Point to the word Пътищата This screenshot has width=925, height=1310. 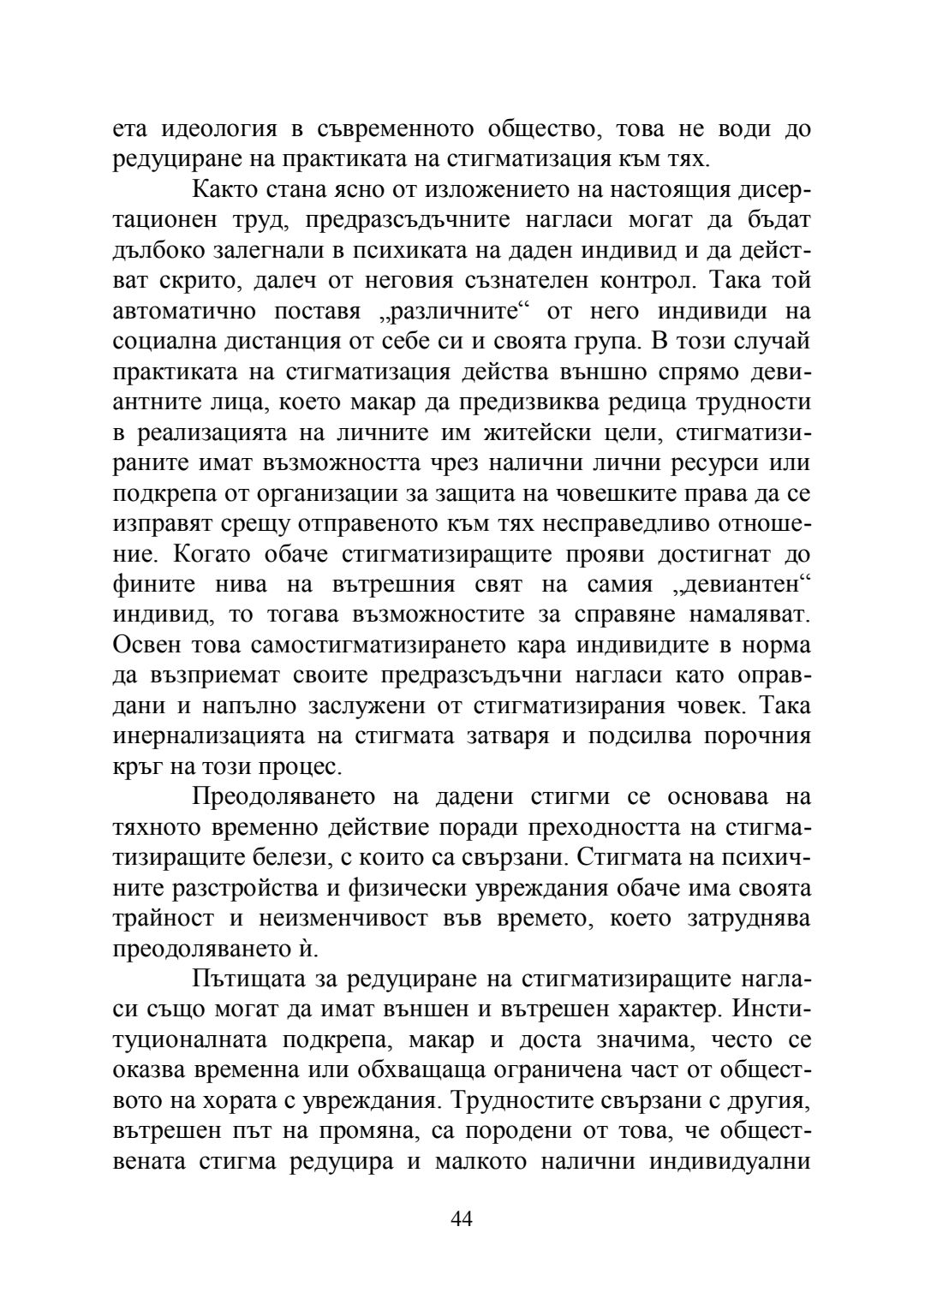(x=247, y=979)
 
